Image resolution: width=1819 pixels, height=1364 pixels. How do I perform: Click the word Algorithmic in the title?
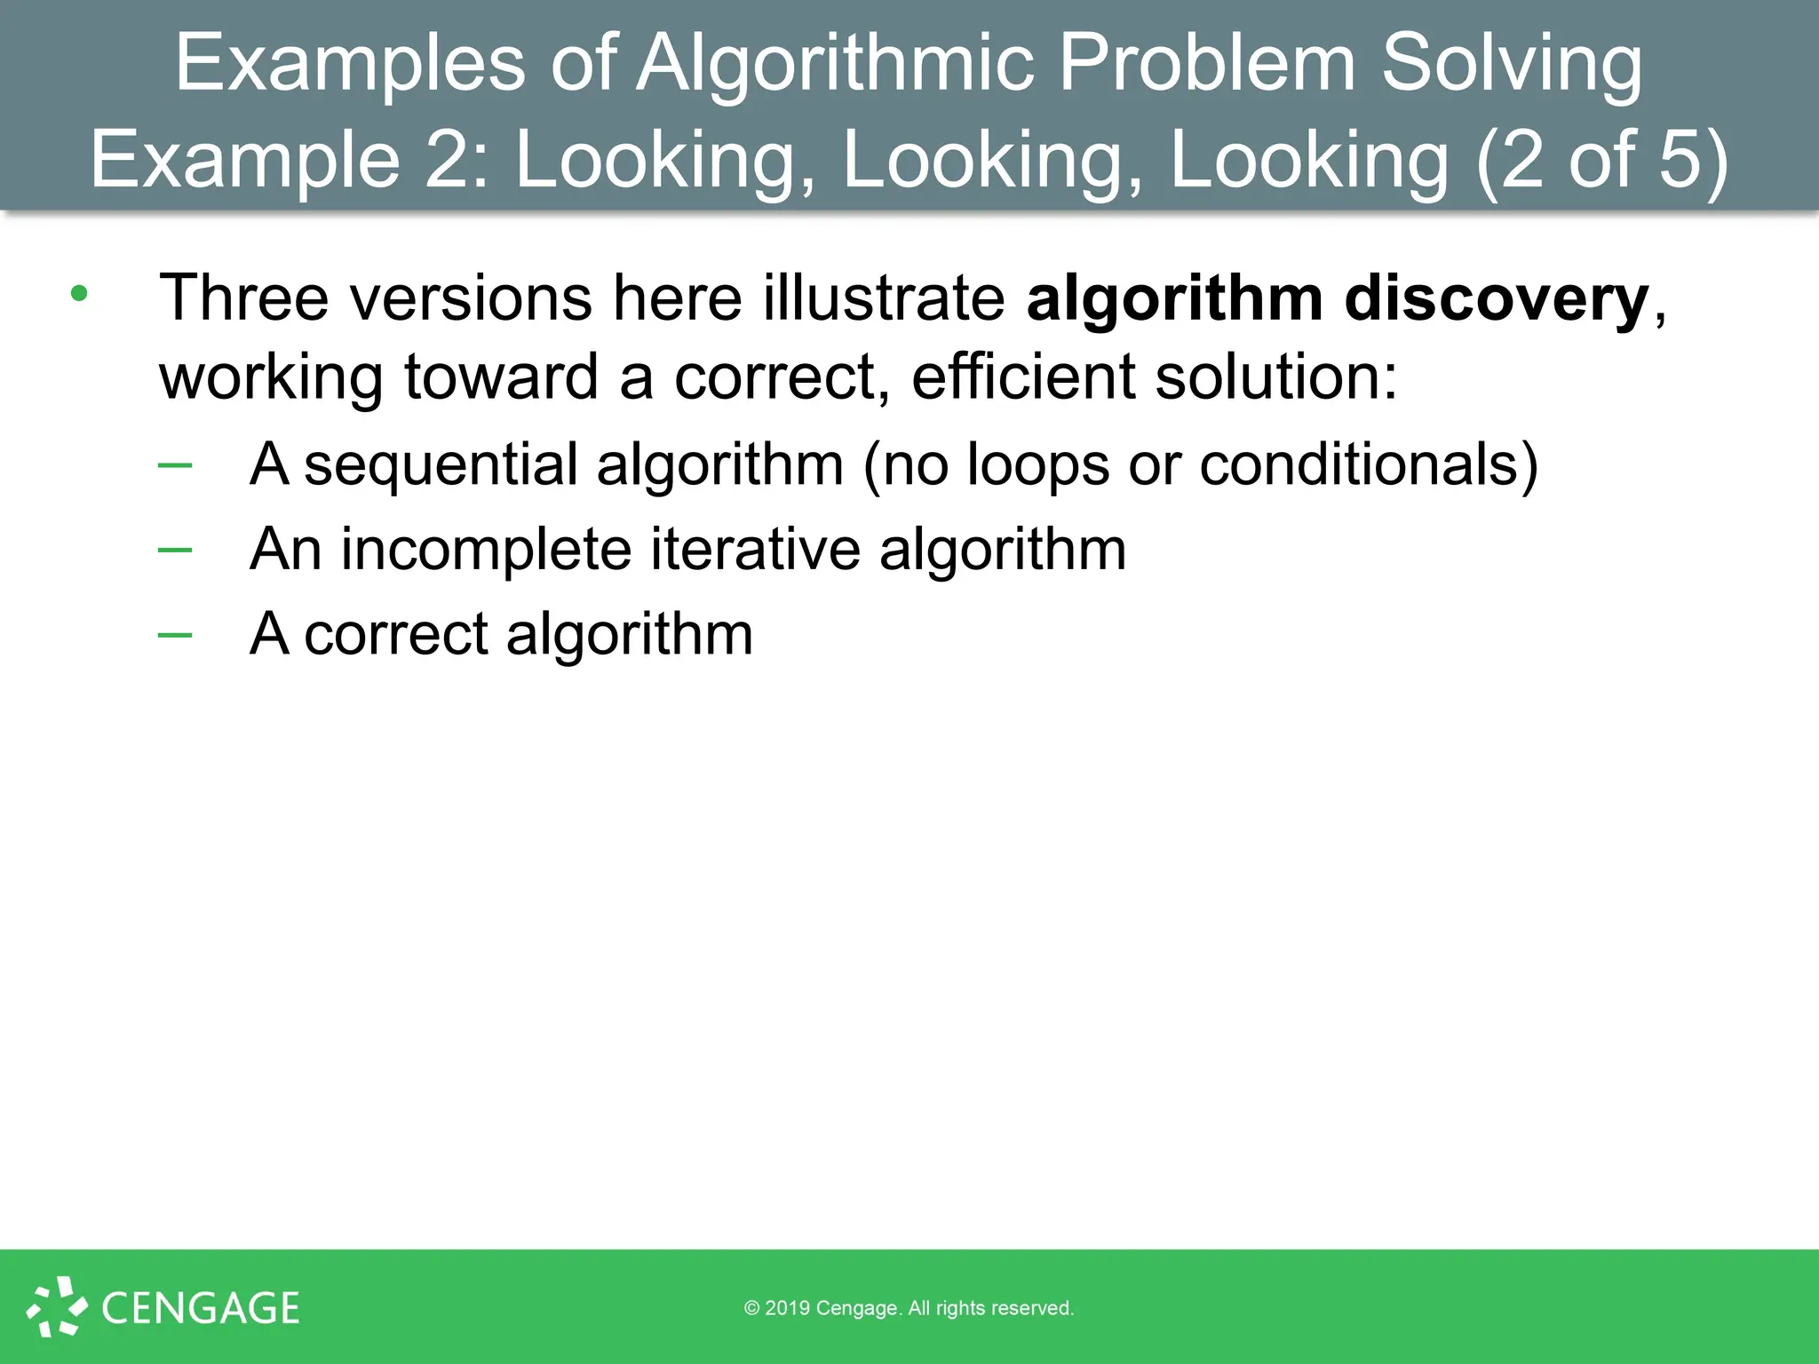[x=835, y=64]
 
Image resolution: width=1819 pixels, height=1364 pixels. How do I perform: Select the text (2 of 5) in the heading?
[x=1602, y=160]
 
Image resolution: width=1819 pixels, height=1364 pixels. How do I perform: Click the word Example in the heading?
[x=245, y=160]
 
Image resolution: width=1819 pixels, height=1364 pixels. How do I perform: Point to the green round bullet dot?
[x=80, y=294]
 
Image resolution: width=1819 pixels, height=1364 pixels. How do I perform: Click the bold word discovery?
[x=1497, y=298]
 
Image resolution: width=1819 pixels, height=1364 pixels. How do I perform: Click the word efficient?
[x=1023, y=377]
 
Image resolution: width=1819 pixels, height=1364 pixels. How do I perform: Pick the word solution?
[x=1276, y=377]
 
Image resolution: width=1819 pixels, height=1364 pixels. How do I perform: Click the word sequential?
[x=441, y=464]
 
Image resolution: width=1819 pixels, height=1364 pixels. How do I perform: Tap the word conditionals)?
[x=1369, y=464]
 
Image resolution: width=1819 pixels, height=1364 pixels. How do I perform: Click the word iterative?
[x=755, y=550]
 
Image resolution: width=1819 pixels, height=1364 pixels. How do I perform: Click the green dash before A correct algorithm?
[x=175, y=634]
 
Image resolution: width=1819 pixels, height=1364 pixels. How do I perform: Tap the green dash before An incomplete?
[x=175, y=550]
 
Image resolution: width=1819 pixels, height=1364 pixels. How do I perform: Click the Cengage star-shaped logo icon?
[x=57, y=1306]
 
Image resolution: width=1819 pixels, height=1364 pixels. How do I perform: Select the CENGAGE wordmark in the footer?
[x=201, y=1308]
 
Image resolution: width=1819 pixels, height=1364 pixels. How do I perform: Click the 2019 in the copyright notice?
[x=787, y=1308]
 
